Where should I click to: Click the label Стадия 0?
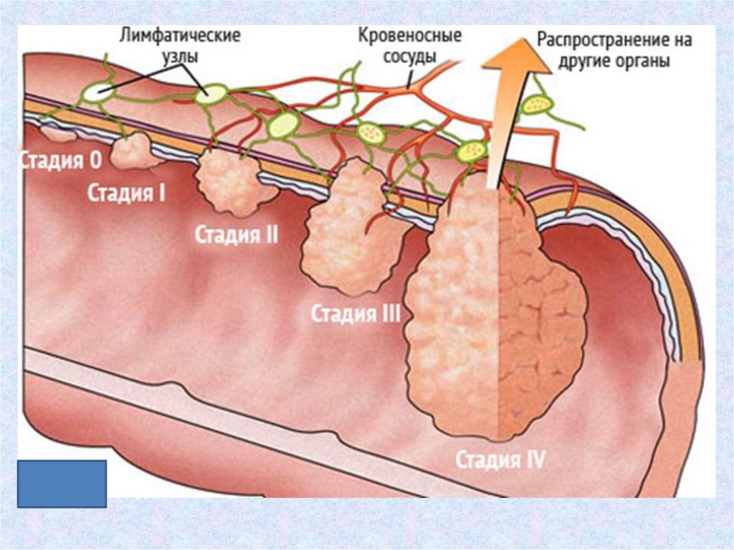(x=60, y=161)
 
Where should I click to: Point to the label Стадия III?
(x=356, y=313)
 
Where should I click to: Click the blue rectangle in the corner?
(x=62, y=484)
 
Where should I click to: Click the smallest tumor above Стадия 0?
(x=54, y=133)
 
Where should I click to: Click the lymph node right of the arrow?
(x=538, y=105)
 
